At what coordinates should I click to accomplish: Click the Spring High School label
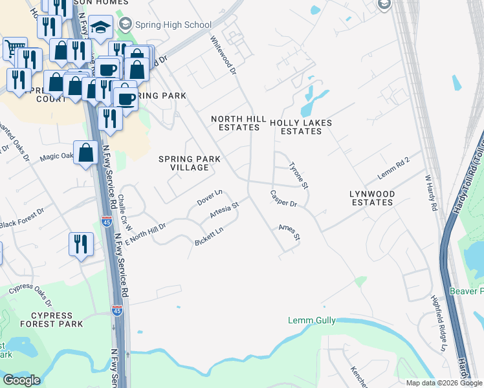click(x=173, y=25)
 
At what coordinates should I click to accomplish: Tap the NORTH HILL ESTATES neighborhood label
click(x=235, y=123)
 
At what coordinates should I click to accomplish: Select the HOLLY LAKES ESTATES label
click(x=300, y=127)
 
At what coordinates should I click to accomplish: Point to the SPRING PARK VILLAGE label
click(x=190, y=163)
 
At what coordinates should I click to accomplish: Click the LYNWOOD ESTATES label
click(x=371, y=198)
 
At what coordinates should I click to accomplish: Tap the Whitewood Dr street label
click(x=221, y=55)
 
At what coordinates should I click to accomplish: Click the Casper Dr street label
click(x=283, y=199)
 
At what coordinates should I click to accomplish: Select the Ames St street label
click(x=289, y=232)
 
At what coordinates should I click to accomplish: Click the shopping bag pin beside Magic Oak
click(x=86, y=153)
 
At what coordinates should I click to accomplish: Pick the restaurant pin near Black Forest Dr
click(x=81, y=244)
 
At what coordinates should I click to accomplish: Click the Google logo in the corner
click(x=21, y=380)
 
